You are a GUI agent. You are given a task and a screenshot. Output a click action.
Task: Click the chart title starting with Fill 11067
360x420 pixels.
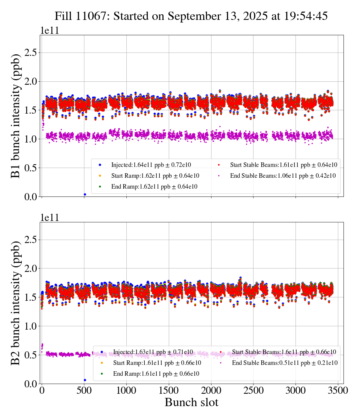click(x=191, y=16)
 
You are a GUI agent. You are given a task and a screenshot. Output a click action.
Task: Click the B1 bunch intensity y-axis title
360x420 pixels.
click(x=16, y=116)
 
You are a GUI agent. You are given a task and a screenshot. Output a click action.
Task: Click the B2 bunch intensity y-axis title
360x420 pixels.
click(x=16, y=303)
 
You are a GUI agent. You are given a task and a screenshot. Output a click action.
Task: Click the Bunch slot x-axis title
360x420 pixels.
click(x=191, y=402)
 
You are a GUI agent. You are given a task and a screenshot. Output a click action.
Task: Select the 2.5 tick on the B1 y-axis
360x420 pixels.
click(x=31, y=52)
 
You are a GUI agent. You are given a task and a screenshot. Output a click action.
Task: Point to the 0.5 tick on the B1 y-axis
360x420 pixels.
click(x=31, y=168)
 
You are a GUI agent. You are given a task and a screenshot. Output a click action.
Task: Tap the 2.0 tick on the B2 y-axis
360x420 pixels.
click(x=31, y=268)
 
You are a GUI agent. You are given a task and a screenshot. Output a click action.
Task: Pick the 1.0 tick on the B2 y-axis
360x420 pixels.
click(x=31, y=326)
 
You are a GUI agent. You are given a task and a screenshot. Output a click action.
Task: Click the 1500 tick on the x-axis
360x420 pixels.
click(x=169, y=390)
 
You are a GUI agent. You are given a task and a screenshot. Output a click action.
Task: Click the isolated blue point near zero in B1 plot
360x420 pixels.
click(x=85, y=194)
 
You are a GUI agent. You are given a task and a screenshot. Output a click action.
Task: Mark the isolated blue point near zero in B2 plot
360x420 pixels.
click(x=85, y=380)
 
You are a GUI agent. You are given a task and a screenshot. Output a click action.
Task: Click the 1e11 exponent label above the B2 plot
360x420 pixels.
click(x=49, y=217)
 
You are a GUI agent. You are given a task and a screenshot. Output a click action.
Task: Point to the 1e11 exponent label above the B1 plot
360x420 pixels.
click(x=49, y=31)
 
